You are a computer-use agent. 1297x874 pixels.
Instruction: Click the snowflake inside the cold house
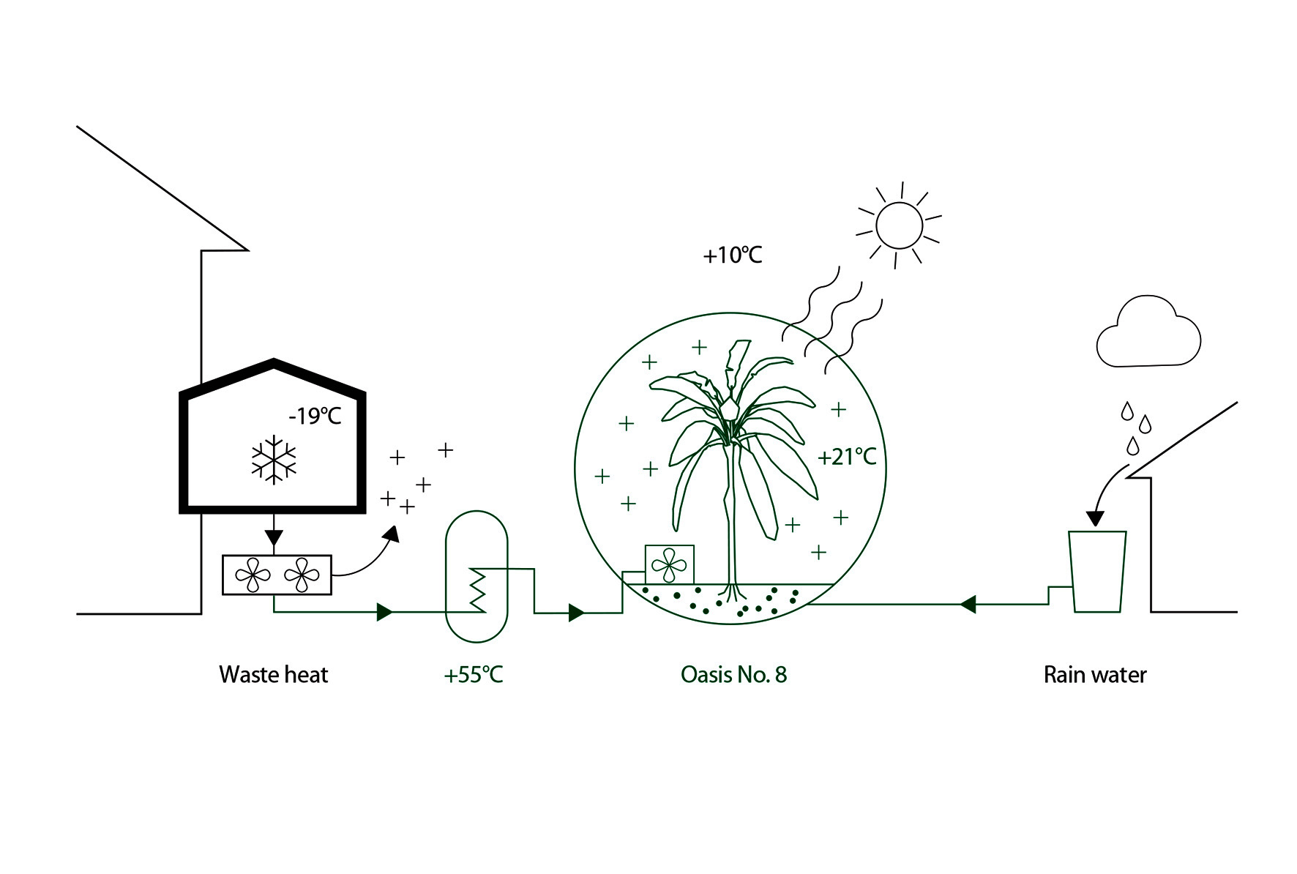(x=274, y=460)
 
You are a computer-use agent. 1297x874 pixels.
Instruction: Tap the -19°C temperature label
(x=315, y=417)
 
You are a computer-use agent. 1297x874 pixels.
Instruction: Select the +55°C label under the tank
(x=474, y=674)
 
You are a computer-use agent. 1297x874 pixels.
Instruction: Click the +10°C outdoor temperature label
(x=733, y=255)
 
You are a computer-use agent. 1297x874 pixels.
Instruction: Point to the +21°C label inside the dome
(x=847, y=457)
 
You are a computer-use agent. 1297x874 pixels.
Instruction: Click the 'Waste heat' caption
(x=274, y=674)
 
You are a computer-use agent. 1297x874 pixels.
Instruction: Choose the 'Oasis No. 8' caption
(x=733, y=674)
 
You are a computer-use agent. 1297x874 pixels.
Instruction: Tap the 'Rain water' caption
(x=1095, y=674)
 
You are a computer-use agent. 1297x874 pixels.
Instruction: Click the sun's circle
(x=899, y=225)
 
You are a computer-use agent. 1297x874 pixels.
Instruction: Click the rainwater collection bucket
(x=1097, y=572)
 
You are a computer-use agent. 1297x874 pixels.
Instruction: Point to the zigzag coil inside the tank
(x=477, y=589)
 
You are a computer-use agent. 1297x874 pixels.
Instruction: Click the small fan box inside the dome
(x=669, y=564)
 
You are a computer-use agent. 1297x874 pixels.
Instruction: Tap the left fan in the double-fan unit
(x=253, y=575)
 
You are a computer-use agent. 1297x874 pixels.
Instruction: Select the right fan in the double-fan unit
(x=302, y=575)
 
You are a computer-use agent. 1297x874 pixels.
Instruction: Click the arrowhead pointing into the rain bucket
(x=1094, y=518)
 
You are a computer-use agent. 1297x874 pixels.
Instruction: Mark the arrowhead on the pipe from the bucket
(x=968, y=605)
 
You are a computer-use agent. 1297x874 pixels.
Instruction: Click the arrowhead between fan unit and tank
(x=384, y=612)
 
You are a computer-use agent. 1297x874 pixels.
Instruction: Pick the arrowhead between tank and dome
(x=576, y=612)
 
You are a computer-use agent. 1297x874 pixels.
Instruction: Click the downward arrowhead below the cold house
(x=274, y=539)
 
